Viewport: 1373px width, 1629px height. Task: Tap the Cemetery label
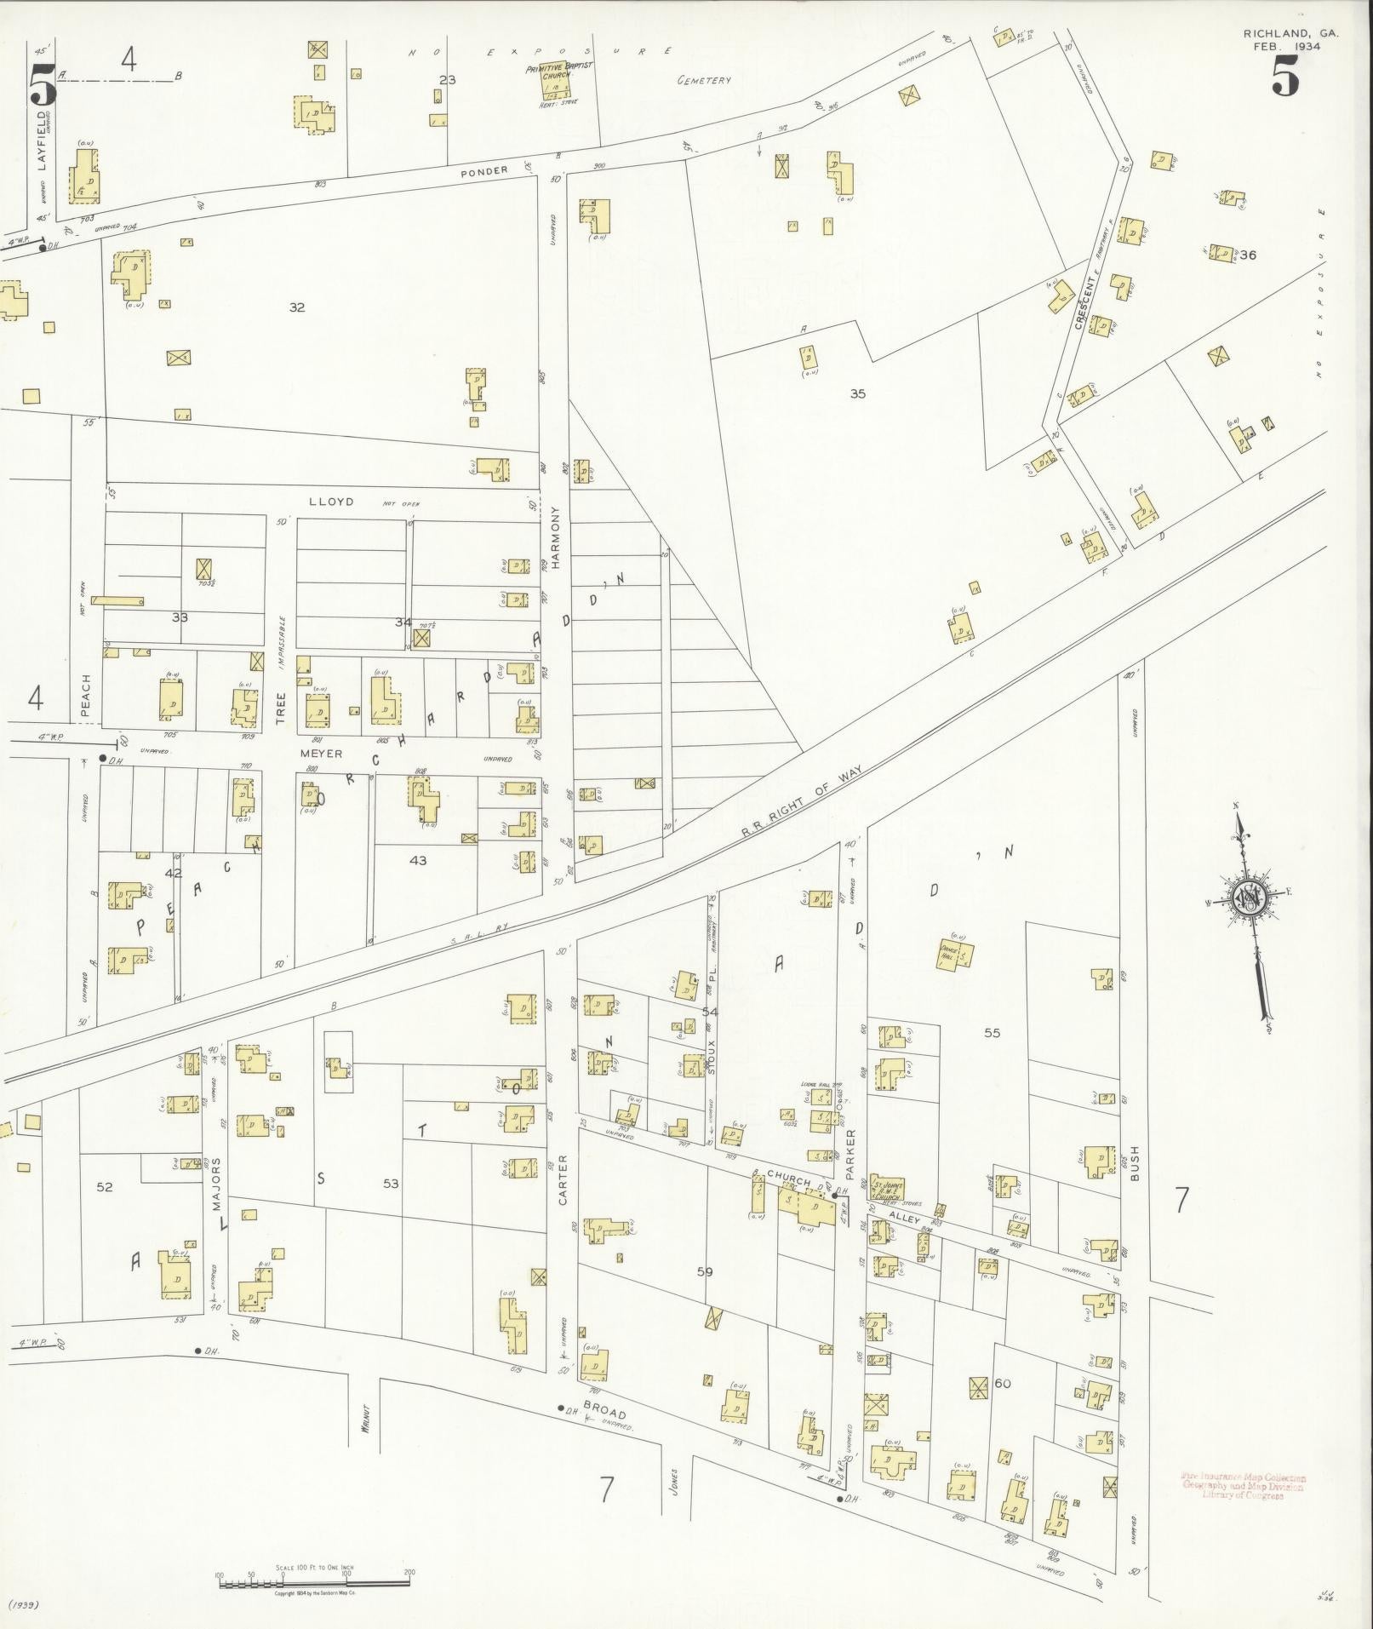coord(704,81)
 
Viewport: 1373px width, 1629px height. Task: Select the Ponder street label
coord(484,170)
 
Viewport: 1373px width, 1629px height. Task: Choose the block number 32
coord(296,307)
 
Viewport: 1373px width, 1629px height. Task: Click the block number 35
coord(857,393)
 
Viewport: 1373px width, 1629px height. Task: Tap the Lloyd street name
coord(330,502)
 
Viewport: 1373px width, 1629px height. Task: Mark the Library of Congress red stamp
coord(1242,1486)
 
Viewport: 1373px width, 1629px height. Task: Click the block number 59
coord(704,1271)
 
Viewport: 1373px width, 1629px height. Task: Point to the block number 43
coord(418,860)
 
